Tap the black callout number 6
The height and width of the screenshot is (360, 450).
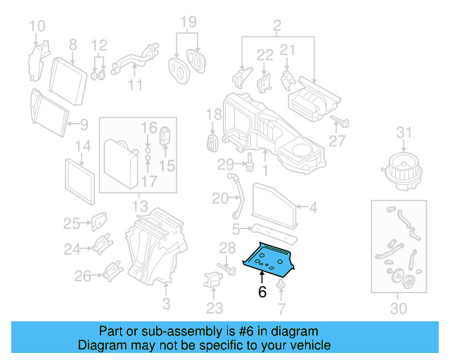[x=262, y=292]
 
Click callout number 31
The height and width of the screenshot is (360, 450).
[x=403, y=132]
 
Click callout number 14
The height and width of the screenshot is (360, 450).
[x=83, y=146]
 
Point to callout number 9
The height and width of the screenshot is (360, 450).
[x=84, y=125]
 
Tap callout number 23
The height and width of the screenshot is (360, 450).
[x=214, y=308]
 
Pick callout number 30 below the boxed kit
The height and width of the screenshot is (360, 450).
[x=398, y=309]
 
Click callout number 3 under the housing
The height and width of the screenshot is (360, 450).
[x=167, y=304]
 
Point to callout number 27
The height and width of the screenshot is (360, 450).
[x=337, y=141]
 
